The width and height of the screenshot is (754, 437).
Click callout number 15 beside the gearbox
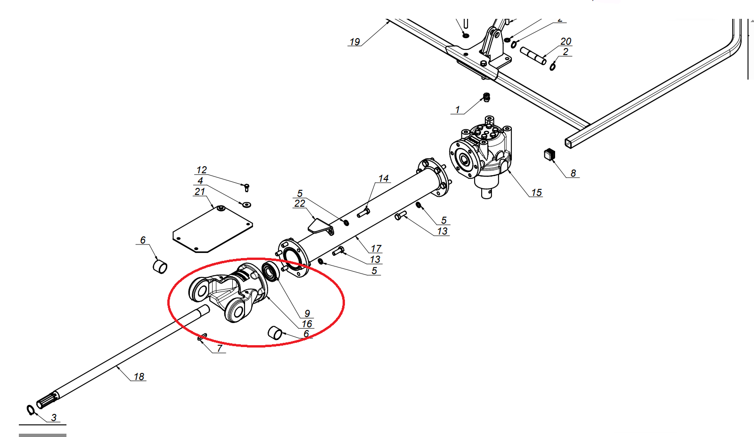(536, 193)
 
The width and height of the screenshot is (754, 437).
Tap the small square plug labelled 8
(549, 154)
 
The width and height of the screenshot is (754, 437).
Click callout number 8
(573, 173)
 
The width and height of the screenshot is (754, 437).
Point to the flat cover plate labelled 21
(212, 229)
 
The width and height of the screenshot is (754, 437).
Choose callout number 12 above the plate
(201, 170)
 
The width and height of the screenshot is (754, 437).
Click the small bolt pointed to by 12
(246, 187)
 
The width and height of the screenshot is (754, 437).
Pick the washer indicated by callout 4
(246, 204)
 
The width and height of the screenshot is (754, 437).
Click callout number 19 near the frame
(354, 42)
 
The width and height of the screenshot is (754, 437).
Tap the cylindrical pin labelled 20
(533, 55)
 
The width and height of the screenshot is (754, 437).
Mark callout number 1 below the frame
(457, 110)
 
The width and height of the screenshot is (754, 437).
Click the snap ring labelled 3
(31, 410)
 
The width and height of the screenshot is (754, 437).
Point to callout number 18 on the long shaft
(139, 377)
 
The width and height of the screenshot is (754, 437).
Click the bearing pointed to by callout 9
(271, 272)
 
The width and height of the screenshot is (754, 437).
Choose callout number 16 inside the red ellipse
(307, 324)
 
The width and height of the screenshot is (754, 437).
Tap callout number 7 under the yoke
(219, 348)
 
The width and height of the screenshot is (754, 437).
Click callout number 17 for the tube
(376, 248)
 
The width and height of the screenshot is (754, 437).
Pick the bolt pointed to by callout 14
(363, 213)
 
